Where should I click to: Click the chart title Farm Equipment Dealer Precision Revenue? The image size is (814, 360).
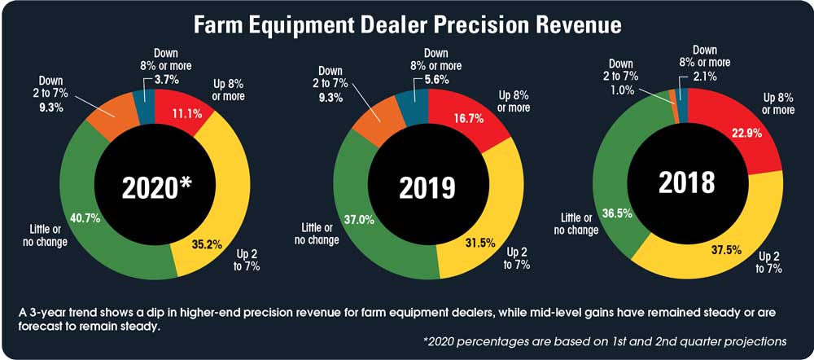pyautogui.click(x=406, y=25)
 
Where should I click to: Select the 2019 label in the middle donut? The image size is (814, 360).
pyautogui.click(x=427, y=187)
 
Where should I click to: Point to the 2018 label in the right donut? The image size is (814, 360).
pyautogui.click(x=688, y=182)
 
